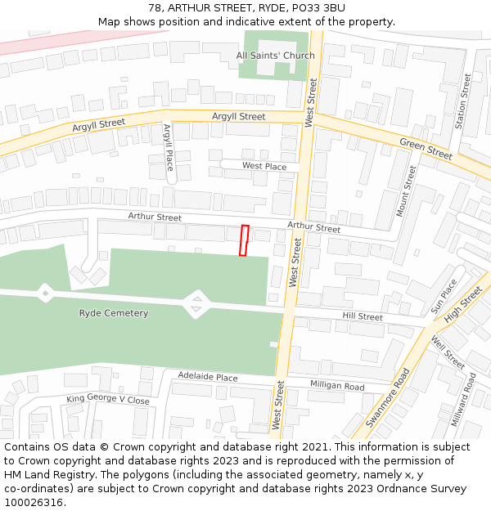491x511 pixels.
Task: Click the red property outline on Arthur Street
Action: click(x=244, y=240)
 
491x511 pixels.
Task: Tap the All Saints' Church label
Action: click(x=275, y=56)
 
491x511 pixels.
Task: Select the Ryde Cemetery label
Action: click(x=114, y=313)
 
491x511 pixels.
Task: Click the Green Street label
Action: click(x=426, y=149)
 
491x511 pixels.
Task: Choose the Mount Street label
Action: click(x=407, y=191)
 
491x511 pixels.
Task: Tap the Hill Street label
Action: click(x=363, y=316)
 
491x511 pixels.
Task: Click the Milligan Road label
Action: click(x=337, y=386)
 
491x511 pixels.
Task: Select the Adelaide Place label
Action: click(x=208, y=377)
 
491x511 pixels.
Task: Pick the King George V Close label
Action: click(x=108, y=400)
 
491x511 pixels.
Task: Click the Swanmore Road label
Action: click(x=388, y=398)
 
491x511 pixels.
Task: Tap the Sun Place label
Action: click(x=444, y=297)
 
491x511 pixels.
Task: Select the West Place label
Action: click(x=264, y=166)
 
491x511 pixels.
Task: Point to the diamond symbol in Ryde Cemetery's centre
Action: click(x=196, y=305)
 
